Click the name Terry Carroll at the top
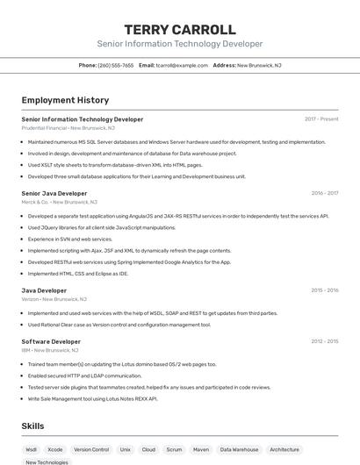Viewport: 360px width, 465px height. (179, 29)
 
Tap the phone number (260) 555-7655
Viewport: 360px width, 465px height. (116, 65)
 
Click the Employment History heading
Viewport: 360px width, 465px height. (65, 100)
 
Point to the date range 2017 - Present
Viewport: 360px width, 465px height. (321, 118)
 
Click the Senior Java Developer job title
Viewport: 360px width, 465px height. (54, 193)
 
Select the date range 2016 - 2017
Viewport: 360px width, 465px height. (324, 193)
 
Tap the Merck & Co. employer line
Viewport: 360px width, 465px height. (57, 202)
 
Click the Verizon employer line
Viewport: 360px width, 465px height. (53, 299)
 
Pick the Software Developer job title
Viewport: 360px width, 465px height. (51, 341)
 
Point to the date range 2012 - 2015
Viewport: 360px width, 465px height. (324, 341)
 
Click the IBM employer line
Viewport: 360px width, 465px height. (50, 350)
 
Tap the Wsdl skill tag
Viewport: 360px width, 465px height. (32, 449)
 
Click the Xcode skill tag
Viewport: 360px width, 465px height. (55, 449)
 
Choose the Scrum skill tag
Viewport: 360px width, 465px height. (174, 449)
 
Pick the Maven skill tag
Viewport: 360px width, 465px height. (201, 449)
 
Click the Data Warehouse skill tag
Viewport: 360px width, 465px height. (239, 449)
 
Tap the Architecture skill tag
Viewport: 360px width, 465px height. (284, 449)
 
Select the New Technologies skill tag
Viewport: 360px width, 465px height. (47, 461)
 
